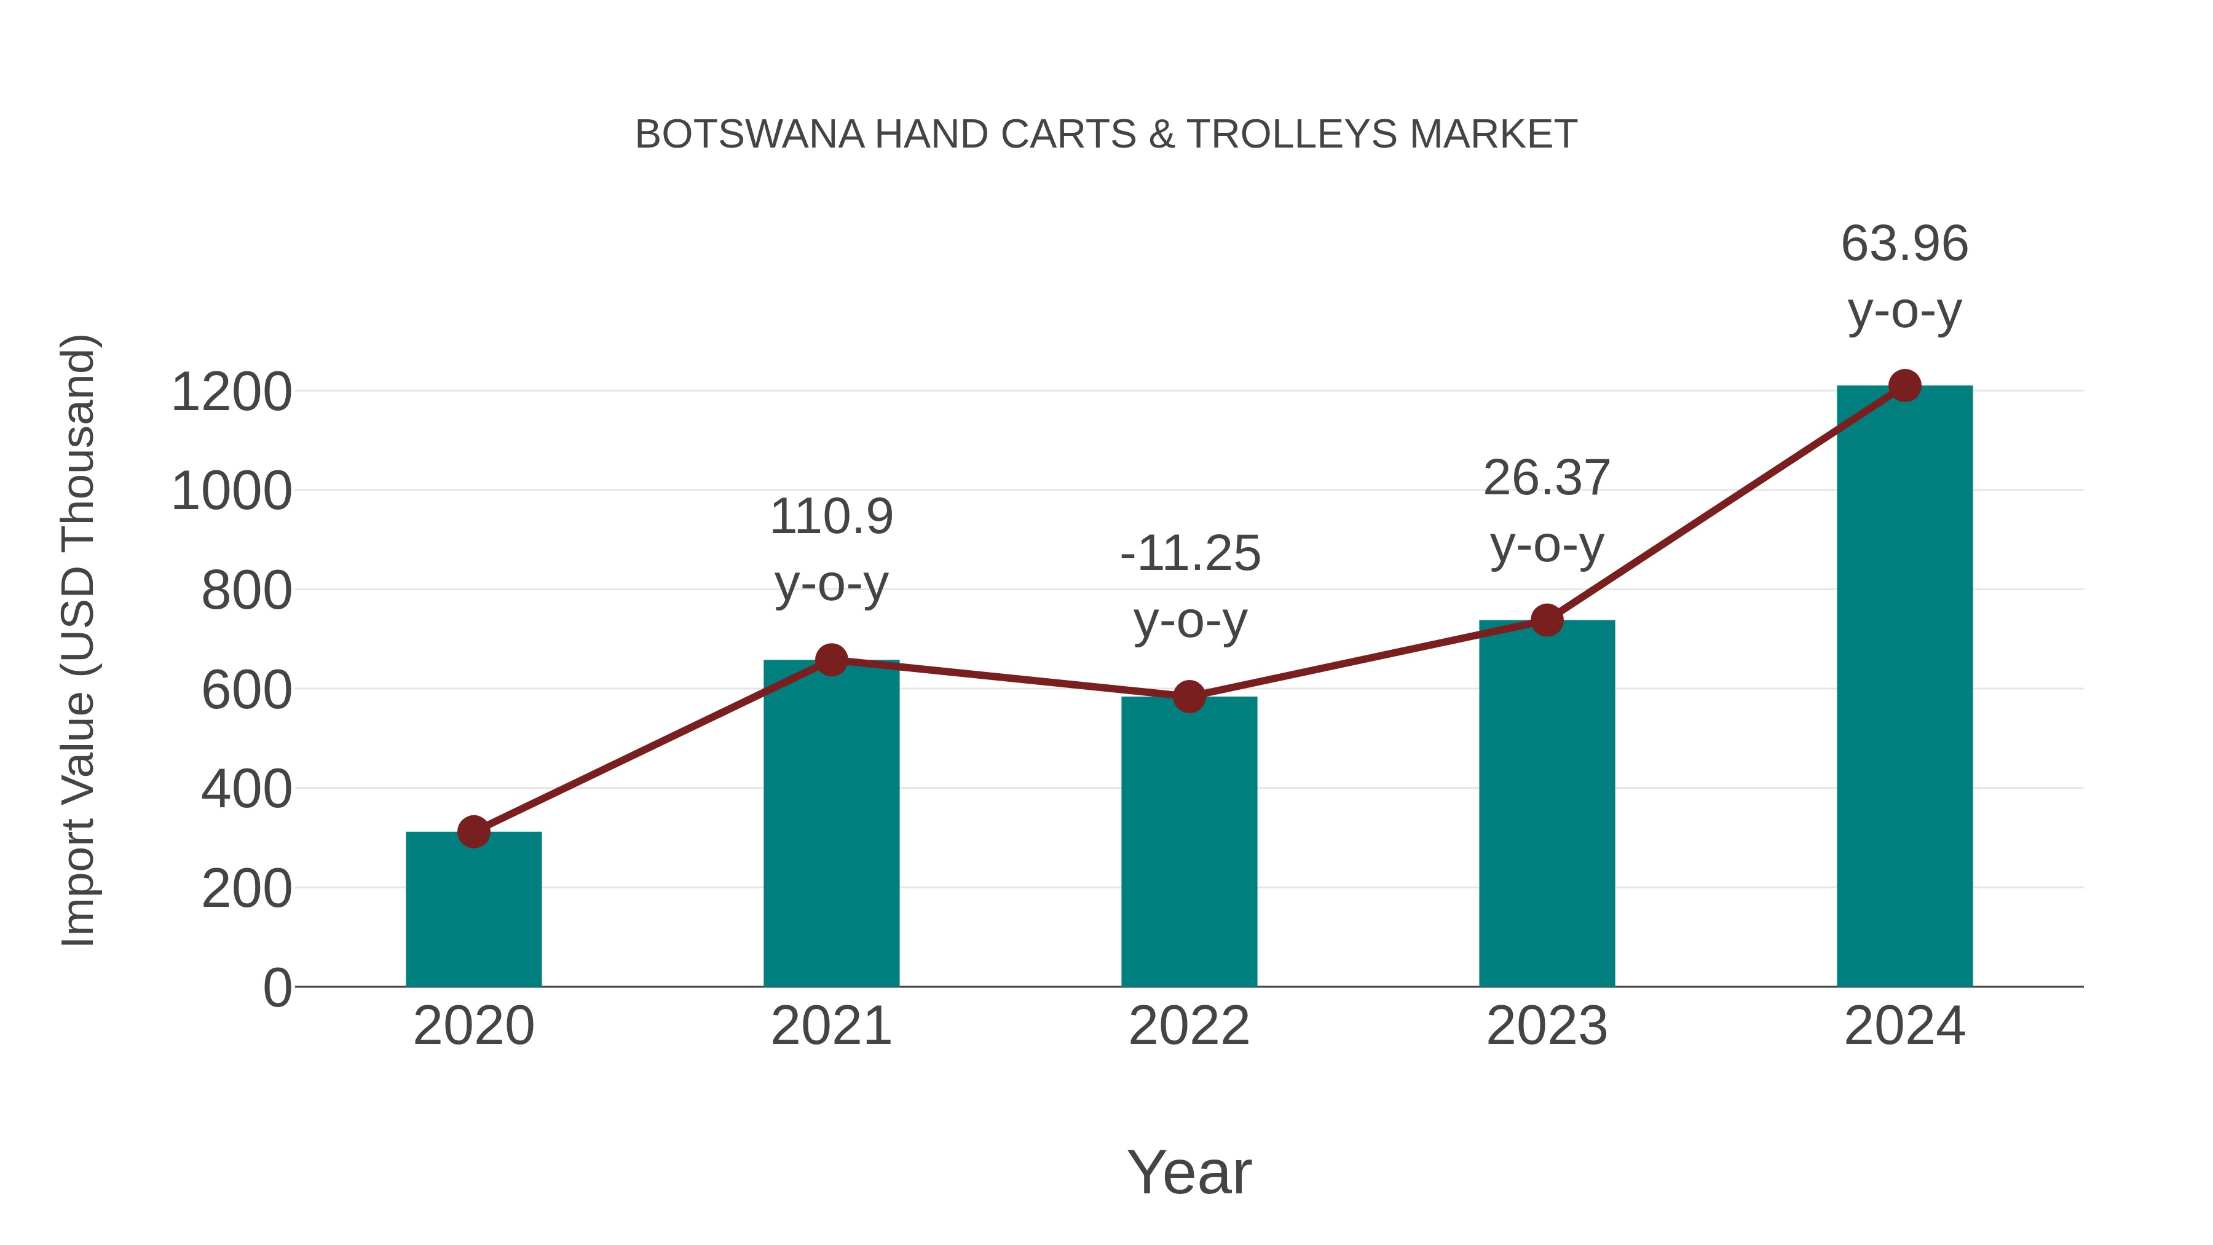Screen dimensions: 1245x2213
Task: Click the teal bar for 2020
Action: (x=473, y=911)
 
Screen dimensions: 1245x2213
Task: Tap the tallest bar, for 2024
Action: (x=1904, y=687)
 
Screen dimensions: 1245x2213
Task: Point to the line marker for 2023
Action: (x=1547, y=620)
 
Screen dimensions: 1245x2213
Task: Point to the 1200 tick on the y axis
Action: (x=232, y=393)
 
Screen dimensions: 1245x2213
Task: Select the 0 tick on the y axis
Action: (x=277, y=988)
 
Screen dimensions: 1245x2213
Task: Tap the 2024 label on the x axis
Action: (x=1904, y=1026)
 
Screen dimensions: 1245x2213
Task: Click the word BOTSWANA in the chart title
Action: (x=749, y=135)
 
